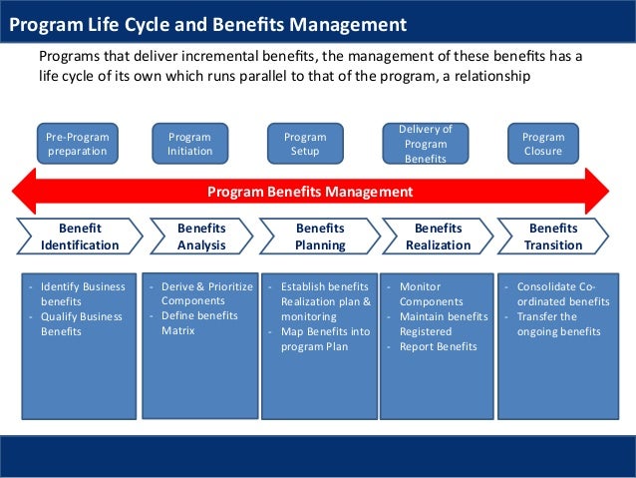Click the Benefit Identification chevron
80,237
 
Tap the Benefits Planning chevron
320,237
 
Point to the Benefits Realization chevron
439,237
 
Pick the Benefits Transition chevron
553,237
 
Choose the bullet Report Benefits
438,347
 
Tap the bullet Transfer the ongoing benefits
558,324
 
